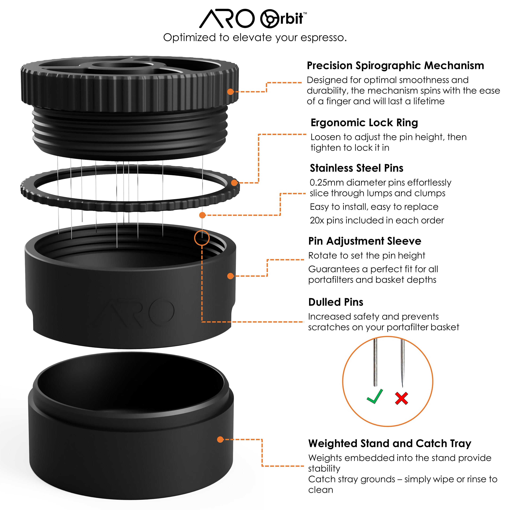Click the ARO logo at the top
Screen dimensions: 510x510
point(226,19)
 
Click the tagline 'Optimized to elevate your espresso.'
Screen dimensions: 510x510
point(255,37)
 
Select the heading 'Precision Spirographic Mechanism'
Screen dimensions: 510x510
point(395,65)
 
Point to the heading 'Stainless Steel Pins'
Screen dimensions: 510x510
point(356,168)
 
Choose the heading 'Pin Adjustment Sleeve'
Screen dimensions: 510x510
point(364,241)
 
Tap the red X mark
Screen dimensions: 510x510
point(402,398)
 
